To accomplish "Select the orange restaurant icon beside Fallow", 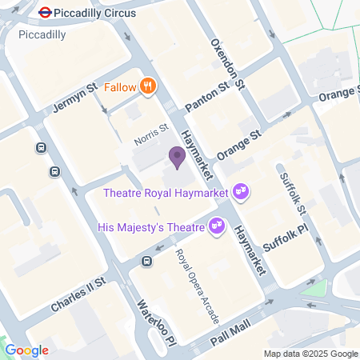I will tap(147, 86).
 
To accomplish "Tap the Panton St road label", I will tap(206, 101).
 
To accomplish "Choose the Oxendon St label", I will tap(227, 62).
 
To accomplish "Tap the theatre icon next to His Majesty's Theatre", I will tap(214, 227).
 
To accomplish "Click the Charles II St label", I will tap(78, 295).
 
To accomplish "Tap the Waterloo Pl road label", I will tap(155, 321).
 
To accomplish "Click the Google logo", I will tap(26, 350).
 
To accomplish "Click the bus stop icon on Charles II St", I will tap(147, 262).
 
